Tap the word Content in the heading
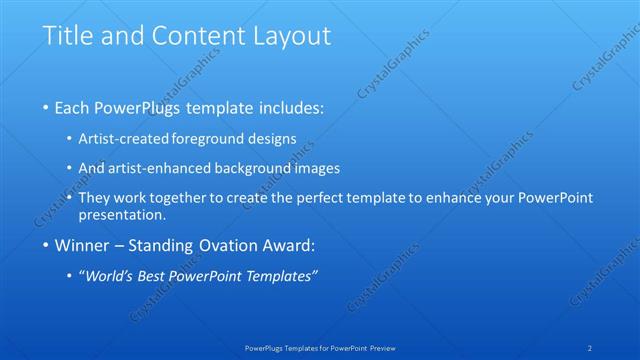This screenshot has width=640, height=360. point(192,37)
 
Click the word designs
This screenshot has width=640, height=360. point(272,139)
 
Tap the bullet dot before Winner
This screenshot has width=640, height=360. point(46,243)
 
